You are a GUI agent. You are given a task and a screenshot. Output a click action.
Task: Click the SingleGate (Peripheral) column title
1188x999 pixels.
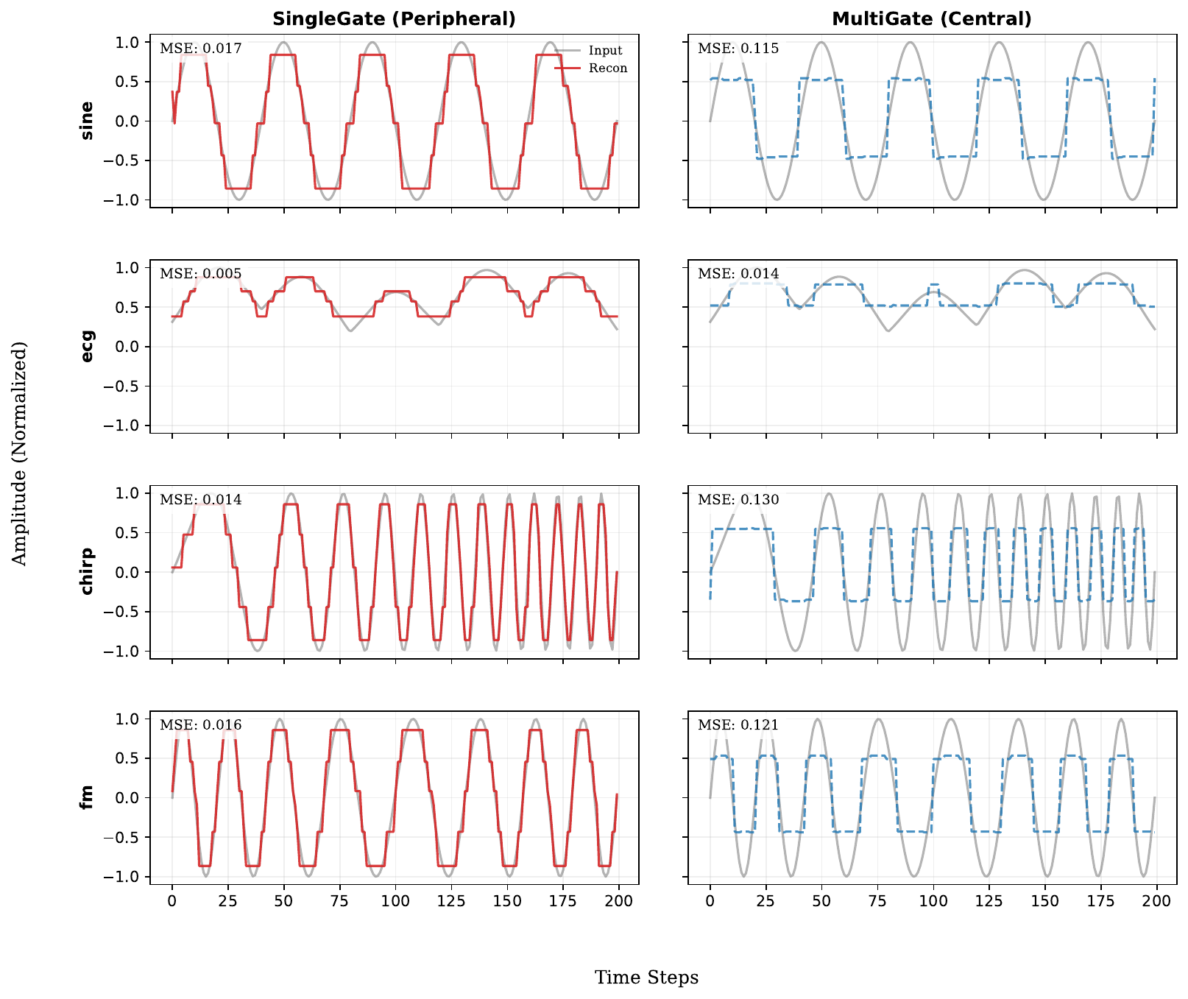coord(394,19)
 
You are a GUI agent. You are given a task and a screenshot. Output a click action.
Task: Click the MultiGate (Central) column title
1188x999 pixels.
coord(932,19)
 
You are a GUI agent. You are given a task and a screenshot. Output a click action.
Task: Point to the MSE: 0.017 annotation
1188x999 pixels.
coord(201,49)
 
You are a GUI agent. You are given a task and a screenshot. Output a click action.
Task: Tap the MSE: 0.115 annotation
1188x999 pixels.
coord(738,49)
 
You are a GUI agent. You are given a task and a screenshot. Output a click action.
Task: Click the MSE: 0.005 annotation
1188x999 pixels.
coord(201,275)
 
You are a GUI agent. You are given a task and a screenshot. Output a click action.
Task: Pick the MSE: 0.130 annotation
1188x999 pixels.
coord(738,500)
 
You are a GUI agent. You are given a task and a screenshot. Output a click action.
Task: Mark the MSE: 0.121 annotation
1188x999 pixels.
coord(738,726)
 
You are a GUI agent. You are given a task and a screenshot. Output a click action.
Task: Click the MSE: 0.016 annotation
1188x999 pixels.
coord(201,726)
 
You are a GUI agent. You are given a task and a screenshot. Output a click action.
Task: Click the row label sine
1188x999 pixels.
coord(87,121)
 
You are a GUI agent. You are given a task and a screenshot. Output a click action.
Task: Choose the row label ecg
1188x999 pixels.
coord(87,346)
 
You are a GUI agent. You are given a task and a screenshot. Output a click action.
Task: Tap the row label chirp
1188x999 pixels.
coord(87,571)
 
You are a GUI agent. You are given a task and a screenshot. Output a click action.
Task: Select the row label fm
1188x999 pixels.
coord(87,797)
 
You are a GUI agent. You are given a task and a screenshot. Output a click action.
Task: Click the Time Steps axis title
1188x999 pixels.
coord(646,978)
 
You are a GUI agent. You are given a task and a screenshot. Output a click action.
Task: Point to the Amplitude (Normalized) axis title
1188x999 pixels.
coord(20,453)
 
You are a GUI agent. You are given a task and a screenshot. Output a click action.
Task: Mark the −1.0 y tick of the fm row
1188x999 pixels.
coord(122,877)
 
